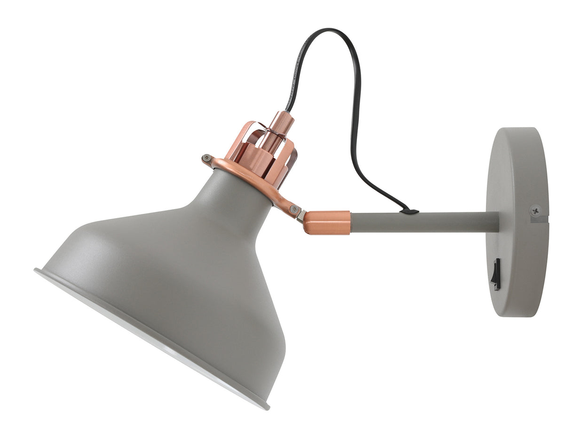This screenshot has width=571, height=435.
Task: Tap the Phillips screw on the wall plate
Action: tap(535, 210)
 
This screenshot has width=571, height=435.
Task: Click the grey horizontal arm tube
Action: tap(423, 222)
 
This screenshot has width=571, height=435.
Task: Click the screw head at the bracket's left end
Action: tap(206, 158)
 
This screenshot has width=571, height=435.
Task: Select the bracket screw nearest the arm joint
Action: tap(294, 209)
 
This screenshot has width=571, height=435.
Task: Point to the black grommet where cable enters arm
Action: tap(412, 211)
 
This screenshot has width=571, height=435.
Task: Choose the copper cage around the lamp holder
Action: tap(263, 151)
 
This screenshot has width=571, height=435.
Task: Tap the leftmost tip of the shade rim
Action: tap(36, 271)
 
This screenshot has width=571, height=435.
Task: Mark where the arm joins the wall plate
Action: tap(498, 222)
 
